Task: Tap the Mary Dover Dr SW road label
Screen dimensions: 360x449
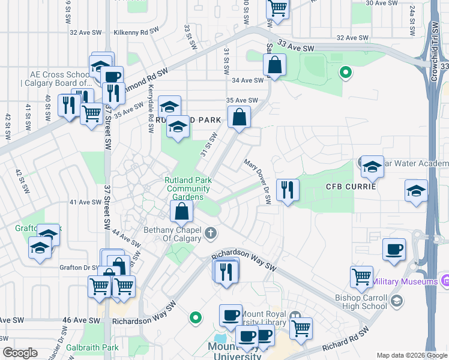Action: pos(258,181)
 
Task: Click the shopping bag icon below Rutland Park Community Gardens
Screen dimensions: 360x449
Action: pos(181,211)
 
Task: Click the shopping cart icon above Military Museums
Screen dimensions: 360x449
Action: pos(361,276)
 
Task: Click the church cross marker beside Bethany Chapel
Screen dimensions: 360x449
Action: pos(210,232)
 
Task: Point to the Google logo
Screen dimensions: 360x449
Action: pos(20,353)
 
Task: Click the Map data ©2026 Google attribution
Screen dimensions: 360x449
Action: pos(411,355)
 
